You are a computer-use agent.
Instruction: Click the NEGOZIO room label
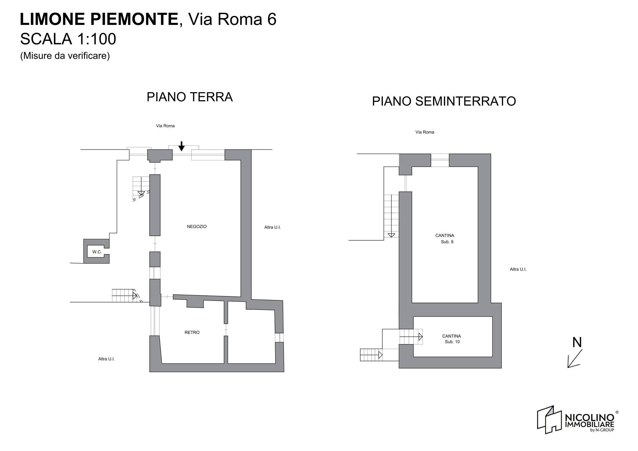coord(197,227)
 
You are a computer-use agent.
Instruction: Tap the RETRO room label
coord(192,332)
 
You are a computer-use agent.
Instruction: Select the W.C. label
coord(97,252)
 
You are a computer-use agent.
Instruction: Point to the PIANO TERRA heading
coord(189,97)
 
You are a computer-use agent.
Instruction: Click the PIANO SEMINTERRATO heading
coord(444,101)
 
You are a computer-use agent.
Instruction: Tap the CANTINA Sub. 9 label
coord(445,239)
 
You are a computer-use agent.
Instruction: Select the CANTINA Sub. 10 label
coord(451,339)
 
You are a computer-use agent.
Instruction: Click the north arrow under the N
coord(574,359)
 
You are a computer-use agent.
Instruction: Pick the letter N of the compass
coord(577,342)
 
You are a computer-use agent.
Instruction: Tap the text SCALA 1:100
coord(68,39)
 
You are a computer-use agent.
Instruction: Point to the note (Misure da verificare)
coord(65,56)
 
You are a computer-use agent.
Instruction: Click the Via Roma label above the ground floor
coord(165,126)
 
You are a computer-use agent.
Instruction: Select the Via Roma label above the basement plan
coord(425,132)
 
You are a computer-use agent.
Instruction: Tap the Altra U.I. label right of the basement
coord(518,269)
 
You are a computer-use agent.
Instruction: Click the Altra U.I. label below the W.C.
coord(106,359)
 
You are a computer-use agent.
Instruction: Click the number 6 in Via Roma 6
coord(272,19)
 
